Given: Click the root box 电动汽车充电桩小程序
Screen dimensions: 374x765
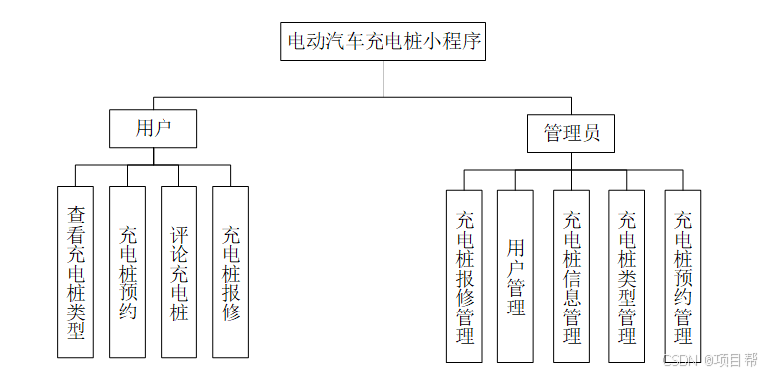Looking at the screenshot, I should point(382,42).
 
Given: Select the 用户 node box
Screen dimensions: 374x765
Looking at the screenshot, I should point(154,128).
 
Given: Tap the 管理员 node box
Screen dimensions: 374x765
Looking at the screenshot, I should point(571,133).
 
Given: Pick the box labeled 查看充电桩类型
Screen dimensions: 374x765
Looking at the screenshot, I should point(76,271).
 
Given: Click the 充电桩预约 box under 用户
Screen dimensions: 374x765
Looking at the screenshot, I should point(128,271).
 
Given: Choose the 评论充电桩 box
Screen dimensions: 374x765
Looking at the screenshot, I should point(179,271).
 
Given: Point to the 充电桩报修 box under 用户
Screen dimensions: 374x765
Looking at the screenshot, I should point(231,271).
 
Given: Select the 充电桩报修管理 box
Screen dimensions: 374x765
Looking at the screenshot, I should point(464,276).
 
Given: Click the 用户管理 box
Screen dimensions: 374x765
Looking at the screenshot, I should point(515,276).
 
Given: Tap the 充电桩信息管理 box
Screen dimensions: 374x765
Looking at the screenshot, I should point(571,276).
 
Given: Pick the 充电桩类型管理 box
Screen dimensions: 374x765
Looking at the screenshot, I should point(626,276).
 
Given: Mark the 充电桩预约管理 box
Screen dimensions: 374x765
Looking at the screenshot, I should point(682,276).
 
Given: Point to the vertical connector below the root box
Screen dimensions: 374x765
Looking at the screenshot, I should point(383,78).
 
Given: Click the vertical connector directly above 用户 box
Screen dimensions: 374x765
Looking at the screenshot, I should point(154,103).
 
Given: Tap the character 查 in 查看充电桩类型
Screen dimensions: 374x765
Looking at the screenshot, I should point(76,213).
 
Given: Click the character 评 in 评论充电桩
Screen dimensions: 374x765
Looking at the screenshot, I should point(179,236).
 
